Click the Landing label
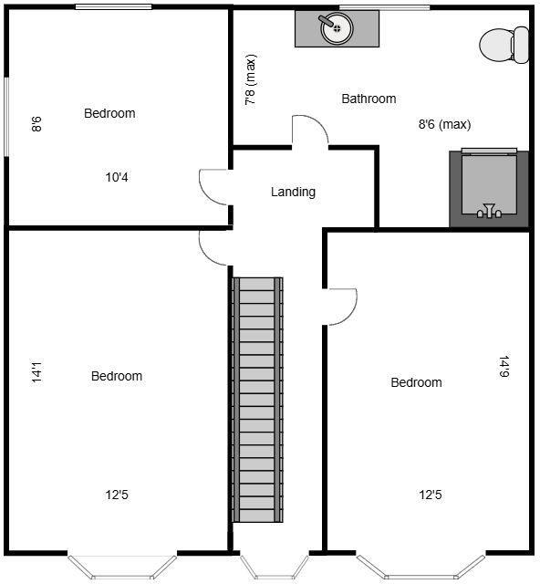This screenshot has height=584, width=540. pos(293,193)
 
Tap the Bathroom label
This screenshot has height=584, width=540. pos(369,99)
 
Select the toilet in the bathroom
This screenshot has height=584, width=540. pos(504,44)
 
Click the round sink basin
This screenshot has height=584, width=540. pos(337,28)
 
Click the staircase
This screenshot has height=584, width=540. pos(258,400)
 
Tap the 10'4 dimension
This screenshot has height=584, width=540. pos(117,178)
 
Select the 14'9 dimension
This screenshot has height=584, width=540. pos(504,366)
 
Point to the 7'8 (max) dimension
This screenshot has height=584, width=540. pos(251,81)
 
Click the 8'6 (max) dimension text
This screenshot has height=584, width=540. pos(444,125)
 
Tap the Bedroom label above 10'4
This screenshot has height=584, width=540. pos(109,113)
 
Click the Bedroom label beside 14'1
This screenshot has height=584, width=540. pos(117,376)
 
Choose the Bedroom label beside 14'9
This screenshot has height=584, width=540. pos(416,382)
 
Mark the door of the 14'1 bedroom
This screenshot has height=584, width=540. pos(213,246)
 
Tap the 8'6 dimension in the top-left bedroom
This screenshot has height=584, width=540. pos(37,123)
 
